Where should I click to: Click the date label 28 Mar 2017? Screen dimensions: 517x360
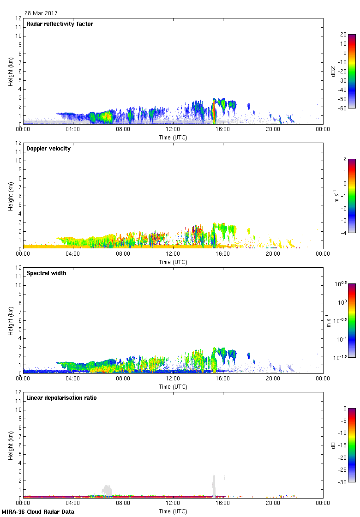click(41, 13)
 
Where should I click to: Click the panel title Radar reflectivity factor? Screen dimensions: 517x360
click(60, 24)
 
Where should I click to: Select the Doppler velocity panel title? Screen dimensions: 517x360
click(48, 149)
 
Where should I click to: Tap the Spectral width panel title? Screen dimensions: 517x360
click(46, 273)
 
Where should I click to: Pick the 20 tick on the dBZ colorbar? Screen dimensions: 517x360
click(343, 35)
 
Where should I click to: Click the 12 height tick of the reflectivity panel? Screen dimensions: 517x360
click(18, 18)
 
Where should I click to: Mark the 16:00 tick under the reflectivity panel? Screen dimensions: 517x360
click(223, 130)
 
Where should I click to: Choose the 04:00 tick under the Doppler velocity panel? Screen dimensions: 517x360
click(73, 255)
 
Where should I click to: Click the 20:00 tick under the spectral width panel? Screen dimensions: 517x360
click(273, 379)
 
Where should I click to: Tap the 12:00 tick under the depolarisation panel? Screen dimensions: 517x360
click(173, 504)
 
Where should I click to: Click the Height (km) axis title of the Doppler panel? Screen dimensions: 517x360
click(10, 196)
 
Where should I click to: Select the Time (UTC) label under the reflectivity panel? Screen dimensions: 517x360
click(173, 137)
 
